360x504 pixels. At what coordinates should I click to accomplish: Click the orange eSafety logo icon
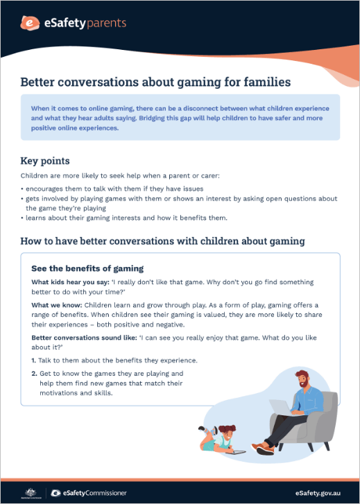coord(29,24)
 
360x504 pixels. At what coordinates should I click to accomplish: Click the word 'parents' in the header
coord(105,23)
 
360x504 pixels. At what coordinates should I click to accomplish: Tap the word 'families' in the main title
coord(266,82)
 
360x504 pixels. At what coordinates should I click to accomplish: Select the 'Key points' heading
coord(45,161)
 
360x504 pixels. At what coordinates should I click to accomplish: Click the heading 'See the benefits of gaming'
coord(87,268)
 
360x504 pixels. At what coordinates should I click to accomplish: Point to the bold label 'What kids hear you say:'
coord(67,282)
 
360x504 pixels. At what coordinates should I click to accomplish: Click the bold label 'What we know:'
coord(55,305)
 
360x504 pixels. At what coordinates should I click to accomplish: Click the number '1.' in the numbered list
coord(34,360)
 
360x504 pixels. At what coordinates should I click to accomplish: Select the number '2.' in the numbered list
coord(34,374)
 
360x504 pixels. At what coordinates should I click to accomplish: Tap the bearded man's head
coord(303,379)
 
